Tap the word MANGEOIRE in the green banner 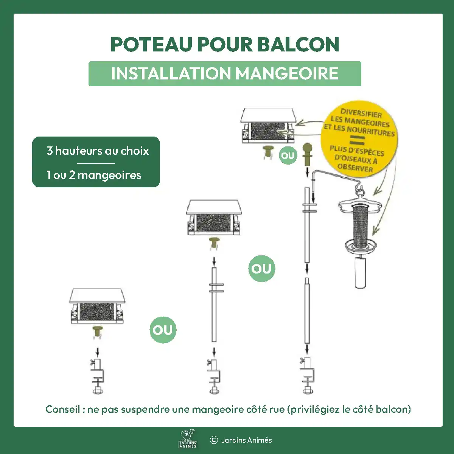point(287,74)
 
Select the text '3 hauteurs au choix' point(98,151)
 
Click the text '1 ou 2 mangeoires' point(94,175)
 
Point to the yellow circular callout point(359,138)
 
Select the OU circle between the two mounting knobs point(288,155)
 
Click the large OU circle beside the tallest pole point(261,269)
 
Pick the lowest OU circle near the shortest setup point(163,330)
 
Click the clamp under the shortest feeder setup point(98,376)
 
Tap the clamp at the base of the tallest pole point(307,375)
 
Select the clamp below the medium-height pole point(214,376)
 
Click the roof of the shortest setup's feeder point(97,295)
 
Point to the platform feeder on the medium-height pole point(214,217)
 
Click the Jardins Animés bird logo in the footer point(188,438)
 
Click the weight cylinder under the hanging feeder point(360,272)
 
